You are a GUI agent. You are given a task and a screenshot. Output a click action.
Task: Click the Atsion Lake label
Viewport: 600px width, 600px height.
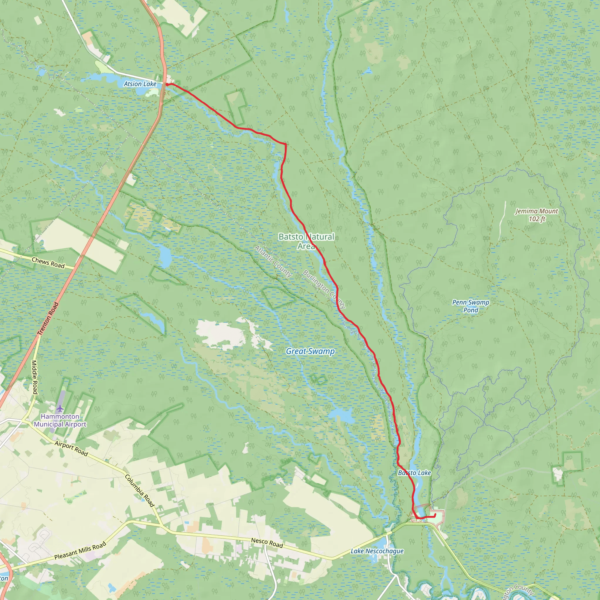140,84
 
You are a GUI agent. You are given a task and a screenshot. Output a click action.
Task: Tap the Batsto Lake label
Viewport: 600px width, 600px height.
414,473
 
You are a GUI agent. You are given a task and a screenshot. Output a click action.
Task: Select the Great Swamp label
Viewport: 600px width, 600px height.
310,351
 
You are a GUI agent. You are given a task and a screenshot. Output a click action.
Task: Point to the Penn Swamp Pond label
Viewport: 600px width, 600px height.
471,306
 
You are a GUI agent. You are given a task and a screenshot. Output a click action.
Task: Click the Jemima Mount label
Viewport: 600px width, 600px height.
537,211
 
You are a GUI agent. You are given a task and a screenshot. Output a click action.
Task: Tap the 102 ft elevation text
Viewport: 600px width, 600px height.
537,219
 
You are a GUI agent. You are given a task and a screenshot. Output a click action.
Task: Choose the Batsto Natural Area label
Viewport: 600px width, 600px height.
306,241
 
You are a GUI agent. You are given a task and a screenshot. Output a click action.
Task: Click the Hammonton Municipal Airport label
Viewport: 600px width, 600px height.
60,420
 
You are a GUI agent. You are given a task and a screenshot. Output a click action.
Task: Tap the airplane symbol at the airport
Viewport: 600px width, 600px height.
60,408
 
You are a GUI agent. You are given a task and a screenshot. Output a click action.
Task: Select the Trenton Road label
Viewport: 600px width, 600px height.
48,319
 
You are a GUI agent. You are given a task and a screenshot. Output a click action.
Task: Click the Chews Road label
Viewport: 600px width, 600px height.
48,263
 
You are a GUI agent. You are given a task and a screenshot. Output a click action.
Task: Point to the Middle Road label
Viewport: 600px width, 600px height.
35,377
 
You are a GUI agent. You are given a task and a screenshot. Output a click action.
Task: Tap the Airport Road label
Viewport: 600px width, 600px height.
71,449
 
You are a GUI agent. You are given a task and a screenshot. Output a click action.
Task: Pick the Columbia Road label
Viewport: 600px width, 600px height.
140,491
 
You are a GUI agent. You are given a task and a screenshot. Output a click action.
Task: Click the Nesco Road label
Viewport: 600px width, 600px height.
267,543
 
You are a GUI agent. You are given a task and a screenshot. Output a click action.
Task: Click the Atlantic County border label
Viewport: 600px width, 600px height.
273,261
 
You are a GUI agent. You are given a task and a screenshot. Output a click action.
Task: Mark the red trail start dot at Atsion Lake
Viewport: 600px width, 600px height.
167,84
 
